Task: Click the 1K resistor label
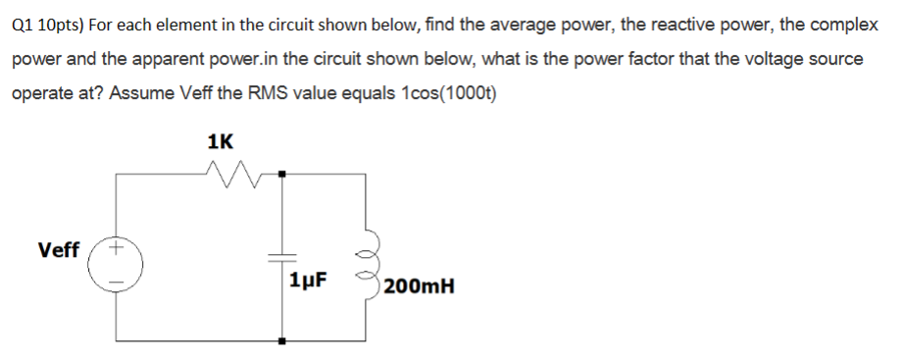click(222, 140)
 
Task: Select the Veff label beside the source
click(59, 250)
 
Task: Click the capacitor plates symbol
click(281, 255)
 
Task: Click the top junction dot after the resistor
click(281, 175)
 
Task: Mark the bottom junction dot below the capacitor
click(281, 341)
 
